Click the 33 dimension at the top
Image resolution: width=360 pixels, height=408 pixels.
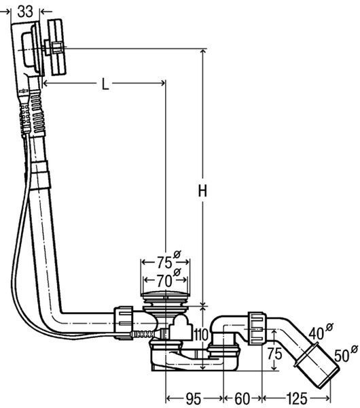25,11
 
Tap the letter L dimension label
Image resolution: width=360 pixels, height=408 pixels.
105,84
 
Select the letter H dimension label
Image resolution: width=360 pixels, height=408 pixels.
202,190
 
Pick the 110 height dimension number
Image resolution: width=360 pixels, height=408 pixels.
201,335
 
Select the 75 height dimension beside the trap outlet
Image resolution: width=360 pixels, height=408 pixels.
274,354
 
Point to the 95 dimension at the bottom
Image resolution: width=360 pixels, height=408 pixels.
194,398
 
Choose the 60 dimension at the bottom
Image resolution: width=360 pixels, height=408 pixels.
242,398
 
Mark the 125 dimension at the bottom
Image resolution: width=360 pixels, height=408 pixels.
297,398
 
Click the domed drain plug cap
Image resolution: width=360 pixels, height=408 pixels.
165,294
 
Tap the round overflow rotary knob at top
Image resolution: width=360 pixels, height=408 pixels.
56,47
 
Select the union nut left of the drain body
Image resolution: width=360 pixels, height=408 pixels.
124,323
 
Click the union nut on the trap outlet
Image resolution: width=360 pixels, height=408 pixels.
257,328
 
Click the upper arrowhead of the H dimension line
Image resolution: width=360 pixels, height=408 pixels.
203,52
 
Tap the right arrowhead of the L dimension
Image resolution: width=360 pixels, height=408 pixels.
163,83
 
